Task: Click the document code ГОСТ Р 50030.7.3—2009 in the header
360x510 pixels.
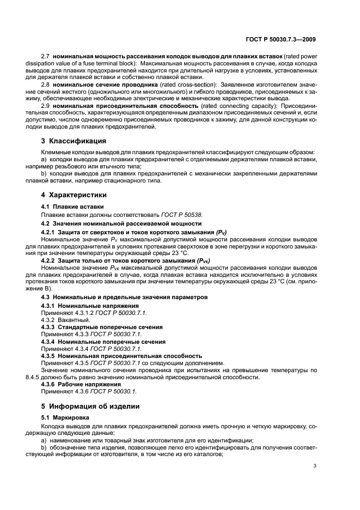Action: (x=281, y=39)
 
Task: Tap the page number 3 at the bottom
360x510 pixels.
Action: (x=315, y=465)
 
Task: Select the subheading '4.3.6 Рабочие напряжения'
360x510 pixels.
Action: (x=77, y=384)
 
